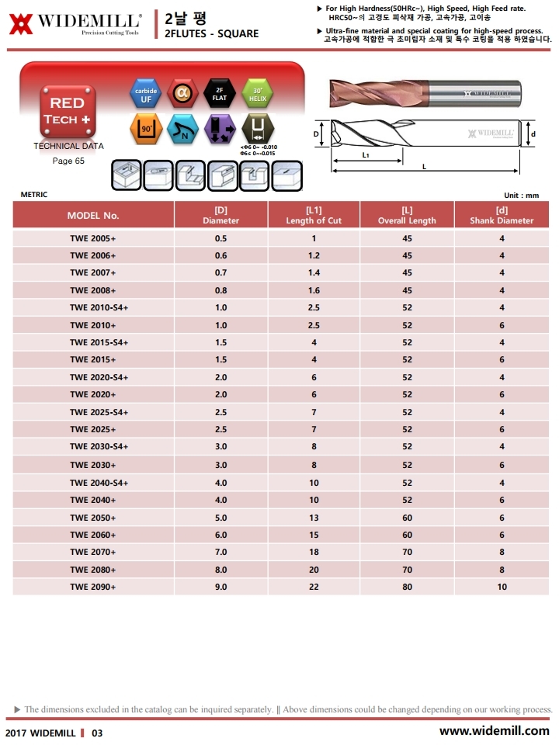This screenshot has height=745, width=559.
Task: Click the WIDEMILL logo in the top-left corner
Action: [75, 24]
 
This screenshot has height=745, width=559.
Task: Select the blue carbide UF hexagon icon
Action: [146, 95]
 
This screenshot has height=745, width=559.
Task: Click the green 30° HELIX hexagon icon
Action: [257, 95]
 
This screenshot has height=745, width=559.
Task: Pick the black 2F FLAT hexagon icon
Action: [219, 95]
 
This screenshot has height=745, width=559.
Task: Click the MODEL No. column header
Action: [93, 215]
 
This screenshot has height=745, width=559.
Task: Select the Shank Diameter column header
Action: [502, 215]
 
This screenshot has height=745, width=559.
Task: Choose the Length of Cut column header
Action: [314, 215]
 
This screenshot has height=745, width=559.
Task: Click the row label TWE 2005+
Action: [93, 238]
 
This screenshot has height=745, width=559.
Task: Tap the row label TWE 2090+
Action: [93, 587]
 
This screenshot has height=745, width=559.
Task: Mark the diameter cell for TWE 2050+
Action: [220, 518]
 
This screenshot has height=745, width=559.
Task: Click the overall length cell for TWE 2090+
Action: [407, 587]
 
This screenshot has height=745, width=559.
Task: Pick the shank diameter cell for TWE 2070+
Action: [502, 552]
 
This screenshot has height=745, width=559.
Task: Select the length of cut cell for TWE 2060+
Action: [314, 535]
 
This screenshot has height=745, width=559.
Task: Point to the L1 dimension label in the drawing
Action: [365, 155]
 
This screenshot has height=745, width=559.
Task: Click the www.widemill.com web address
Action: [494, 730]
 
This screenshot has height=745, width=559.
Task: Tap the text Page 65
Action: [68, 161]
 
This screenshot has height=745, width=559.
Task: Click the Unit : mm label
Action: [522, 195]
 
